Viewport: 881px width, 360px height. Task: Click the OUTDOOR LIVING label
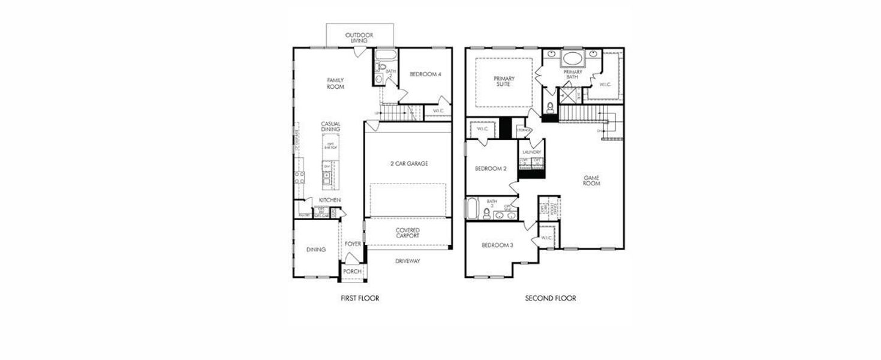click(x=359, y=38)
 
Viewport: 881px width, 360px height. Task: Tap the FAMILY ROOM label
click(x=335, y=83)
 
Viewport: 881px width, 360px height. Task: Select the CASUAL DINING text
click(x=330, y=127)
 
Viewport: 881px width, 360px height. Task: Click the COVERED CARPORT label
click(x=407, y=233)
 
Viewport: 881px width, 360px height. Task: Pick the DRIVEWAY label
click(x=407, y=261)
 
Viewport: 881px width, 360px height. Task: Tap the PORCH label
click(x=352, y=272)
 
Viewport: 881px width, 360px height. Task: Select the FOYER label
click(x=353, y=244)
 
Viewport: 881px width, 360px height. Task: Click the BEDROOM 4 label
click(x=425, y=74)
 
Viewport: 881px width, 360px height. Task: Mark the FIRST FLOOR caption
click(x=359, y=298)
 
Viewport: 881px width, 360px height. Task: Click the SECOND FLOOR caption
click(x=550, y=298)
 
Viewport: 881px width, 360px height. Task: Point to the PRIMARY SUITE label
click(x=504, y=82)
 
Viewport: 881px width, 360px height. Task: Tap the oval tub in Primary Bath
click(x=573, y=59)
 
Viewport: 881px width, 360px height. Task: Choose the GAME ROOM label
click(x=591, y=180)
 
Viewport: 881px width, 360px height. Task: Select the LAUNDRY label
click(x=531, y=152)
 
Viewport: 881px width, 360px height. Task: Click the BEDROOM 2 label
click(x=491, y=169)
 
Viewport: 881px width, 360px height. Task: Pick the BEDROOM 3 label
click(x=498, y=245)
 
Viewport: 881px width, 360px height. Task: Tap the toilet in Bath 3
click(x=486, y=213)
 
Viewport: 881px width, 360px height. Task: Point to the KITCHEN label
click(x=330, y=200)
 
